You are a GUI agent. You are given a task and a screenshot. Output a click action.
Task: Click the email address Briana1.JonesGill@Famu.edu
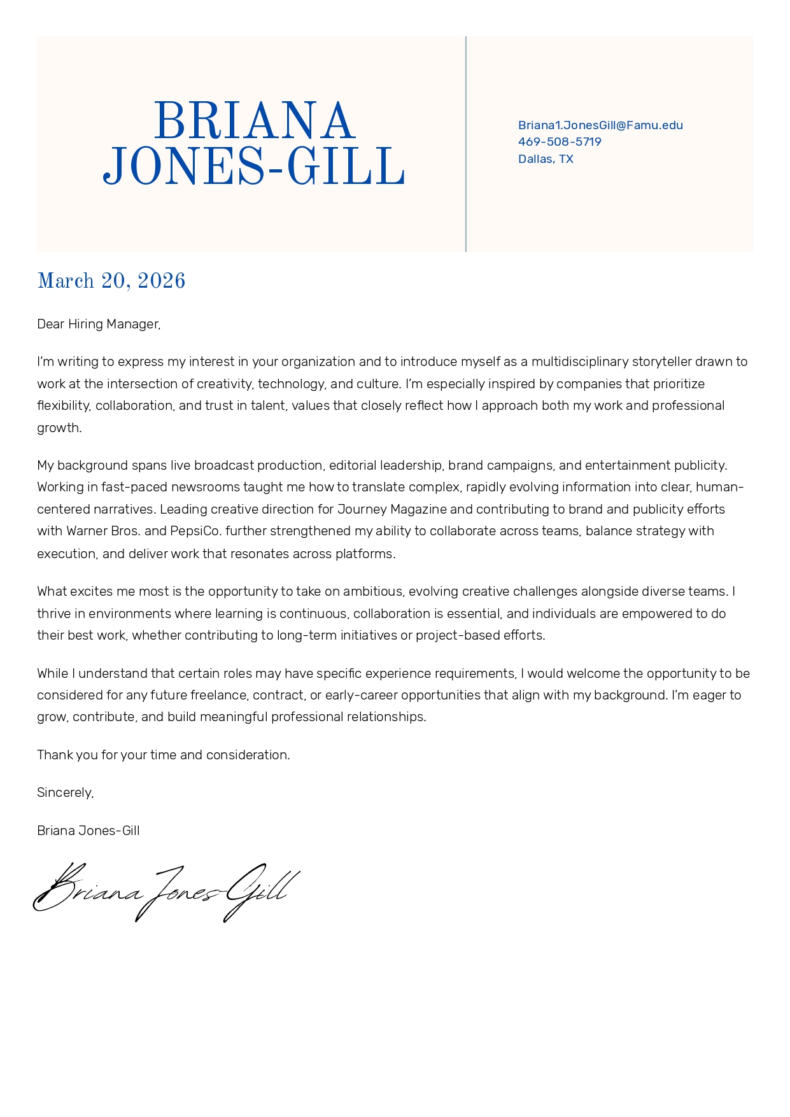[x=600, y=125]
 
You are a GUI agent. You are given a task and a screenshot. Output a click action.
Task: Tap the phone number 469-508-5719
[x=560, y=142]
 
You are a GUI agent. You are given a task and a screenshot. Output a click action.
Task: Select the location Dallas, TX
[x=546, y=159]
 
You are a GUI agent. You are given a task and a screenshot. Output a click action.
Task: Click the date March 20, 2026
[x=111, y=281]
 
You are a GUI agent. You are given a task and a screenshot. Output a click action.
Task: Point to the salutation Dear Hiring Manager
[x=99, y=325]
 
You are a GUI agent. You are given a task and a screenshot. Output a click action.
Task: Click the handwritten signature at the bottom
[x=166, y=892]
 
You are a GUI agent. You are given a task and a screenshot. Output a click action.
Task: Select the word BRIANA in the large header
[x=254, y=121]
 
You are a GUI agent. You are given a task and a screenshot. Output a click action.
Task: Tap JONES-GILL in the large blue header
[x=254, y=167]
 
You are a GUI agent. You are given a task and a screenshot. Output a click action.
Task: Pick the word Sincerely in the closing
[x=65, y=793]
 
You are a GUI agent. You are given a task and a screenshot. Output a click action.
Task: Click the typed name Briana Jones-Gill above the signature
[x=88, y=831]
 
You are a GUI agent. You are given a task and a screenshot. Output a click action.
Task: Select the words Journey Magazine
[x=392, y=510]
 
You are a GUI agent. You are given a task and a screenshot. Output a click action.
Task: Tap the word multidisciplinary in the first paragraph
[x=580, y=362]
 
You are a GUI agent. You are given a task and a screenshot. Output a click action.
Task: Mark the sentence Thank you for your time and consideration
[x=164, y=755]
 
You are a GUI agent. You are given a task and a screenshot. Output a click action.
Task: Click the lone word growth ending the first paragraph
[x=59, y=428]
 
